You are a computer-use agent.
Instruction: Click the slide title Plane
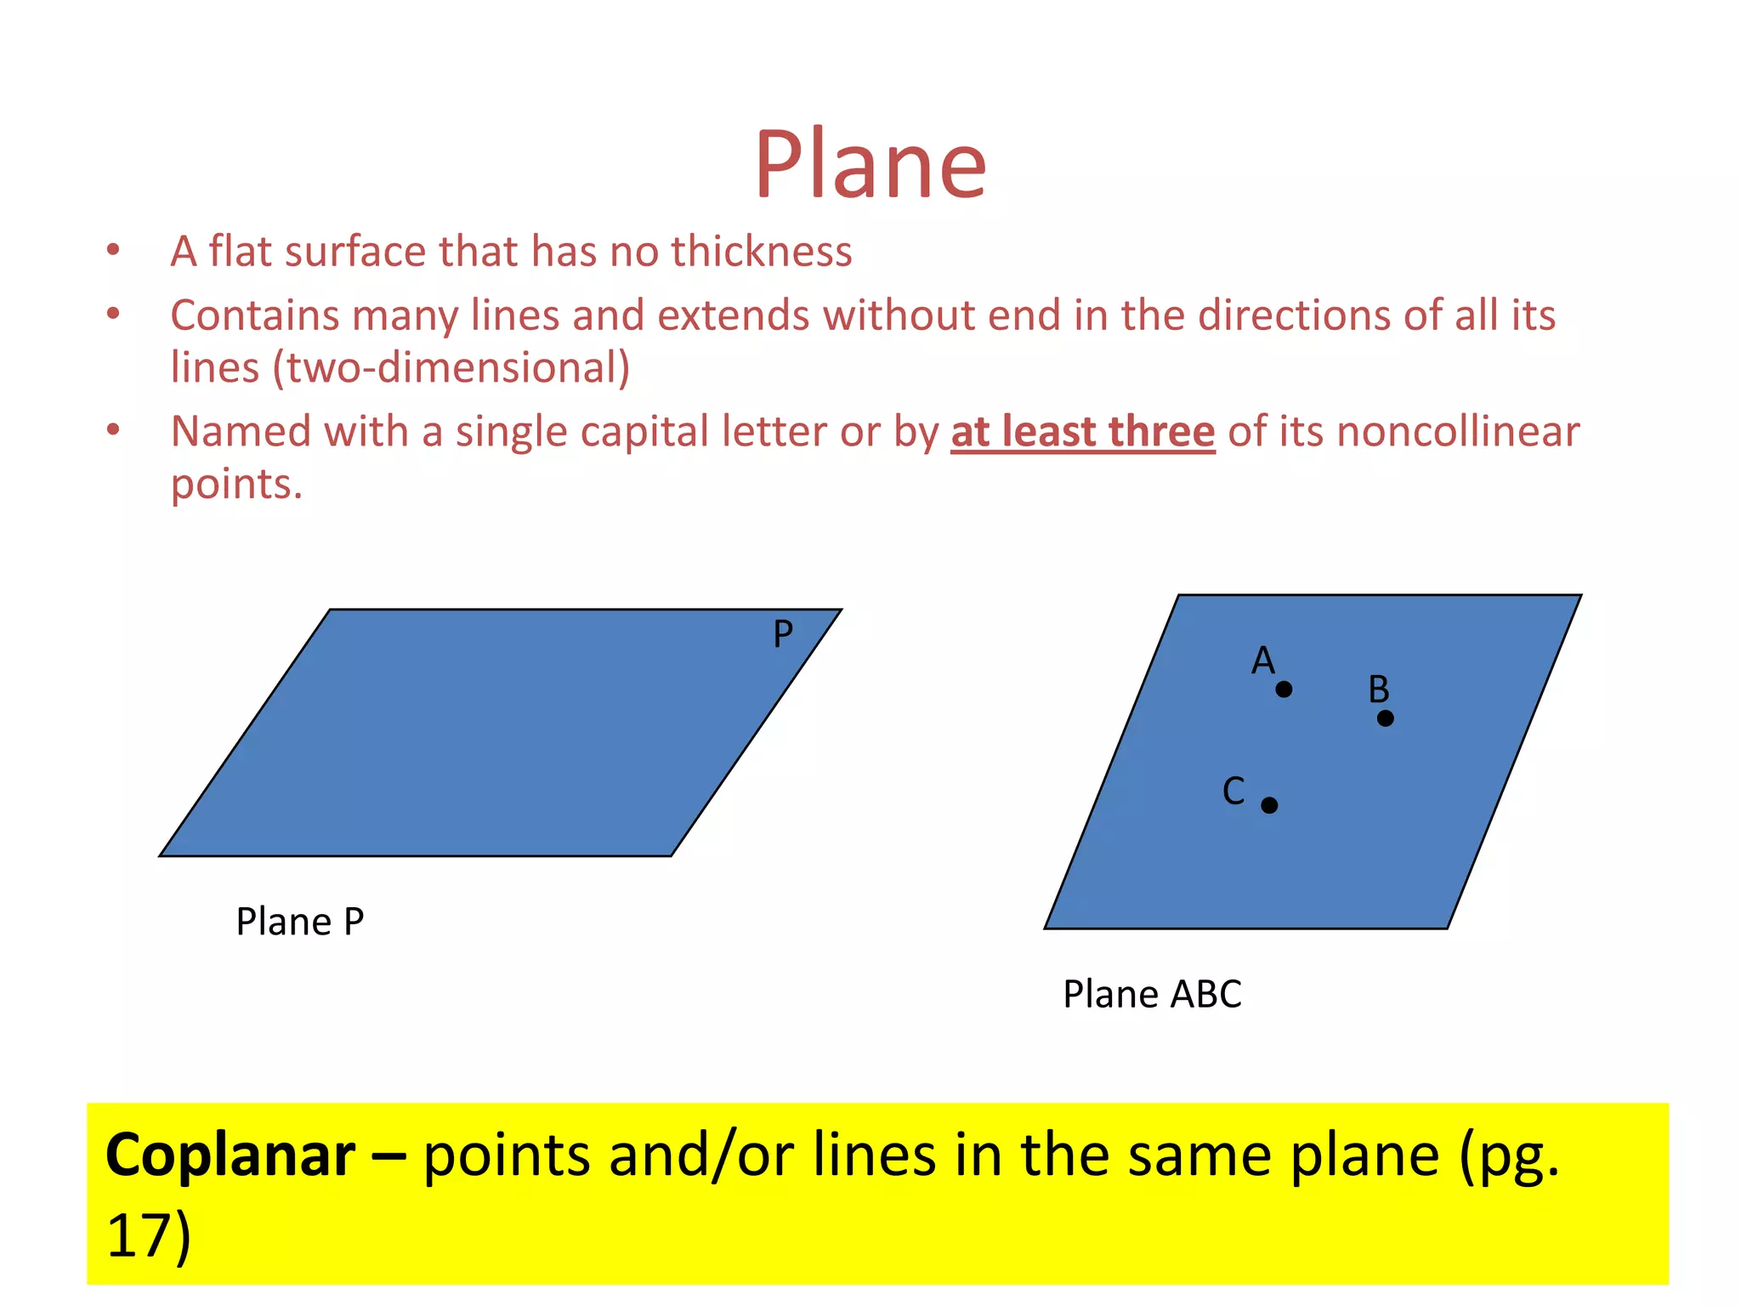click(x=870, y=163)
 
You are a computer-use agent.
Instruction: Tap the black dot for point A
click(x=1284, y=690)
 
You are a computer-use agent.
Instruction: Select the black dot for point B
click(x=1386, y=718)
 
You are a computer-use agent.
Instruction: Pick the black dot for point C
click(x=1269, y=805)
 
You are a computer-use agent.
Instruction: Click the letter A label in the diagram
click(x=1263, y=661)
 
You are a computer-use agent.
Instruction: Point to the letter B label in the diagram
click(x=1378, y=689)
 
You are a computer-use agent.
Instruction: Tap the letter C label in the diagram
click(x=1233, y=791)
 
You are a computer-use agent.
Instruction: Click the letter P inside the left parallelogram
click(x=783, y=634)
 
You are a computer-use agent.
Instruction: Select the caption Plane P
click(x=300, y=922)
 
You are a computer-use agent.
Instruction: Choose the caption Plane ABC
click(x=1152, y=994)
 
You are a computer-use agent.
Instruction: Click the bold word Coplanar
click(x=230, y=1156)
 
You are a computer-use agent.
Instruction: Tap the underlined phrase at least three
click(x=1083, y=431)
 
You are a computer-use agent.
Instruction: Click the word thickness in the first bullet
click(x=761, y=252)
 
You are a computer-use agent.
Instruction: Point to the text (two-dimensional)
click(x=451, y=367)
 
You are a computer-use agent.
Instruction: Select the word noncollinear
click(x=1458, y=431)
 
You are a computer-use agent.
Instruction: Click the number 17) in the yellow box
click(x=149, y=1235)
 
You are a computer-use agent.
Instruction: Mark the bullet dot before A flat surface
click(x=113, y=250)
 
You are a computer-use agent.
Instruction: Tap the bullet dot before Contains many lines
click(x=113, y=314)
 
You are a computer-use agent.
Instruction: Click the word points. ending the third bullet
click(x=236, y=485)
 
